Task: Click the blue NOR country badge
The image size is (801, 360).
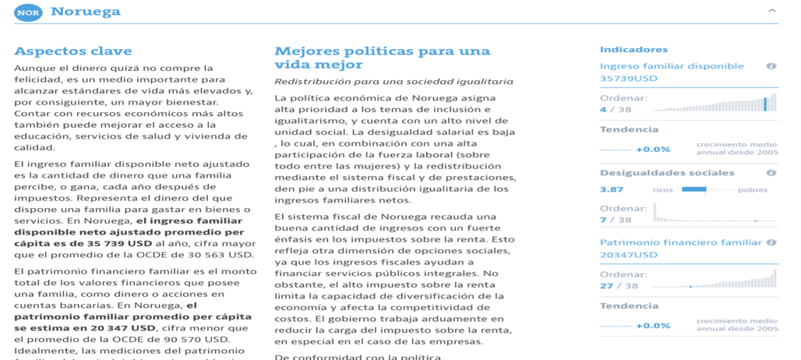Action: click(28, 12)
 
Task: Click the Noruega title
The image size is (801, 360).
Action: click(86, 12)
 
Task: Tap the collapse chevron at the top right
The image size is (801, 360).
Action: click(771, 11)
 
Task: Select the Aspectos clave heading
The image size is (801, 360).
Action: click(73, 51)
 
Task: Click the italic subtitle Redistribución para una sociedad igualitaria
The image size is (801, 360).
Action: click(393, 81)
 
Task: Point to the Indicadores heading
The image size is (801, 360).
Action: click(633, 50)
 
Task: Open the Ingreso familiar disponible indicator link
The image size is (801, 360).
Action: click(672, 66)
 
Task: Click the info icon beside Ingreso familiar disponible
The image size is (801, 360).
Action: click(771, 66)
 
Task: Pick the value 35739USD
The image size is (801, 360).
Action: click(629, 79)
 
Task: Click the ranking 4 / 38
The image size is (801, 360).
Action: click(615, 109)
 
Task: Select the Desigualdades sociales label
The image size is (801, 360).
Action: click(667, 173)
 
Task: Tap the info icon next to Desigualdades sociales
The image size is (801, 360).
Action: click(771, 173)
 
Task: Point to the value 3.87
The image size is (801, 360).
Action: click(612, 189)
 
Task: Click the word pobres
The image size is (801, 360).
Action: click(752, 189)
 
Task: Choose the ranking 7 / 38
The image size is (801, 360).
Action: click(615, 220)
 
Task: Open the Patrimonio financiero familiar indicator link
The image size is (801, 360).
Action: click(680, 242)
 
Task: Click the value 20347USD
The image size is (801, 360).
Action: click(629, 255)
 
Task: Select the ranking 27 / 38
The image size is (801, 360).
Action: click(617, 285)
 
